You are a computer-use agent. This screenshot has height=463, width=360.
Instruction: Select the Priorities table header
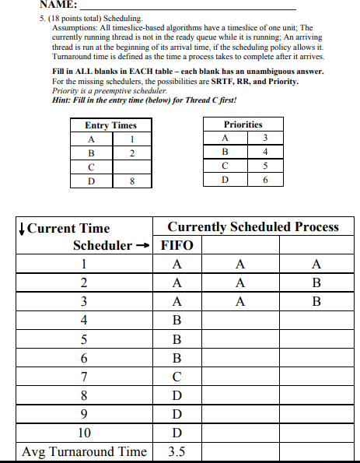tap(243, 125)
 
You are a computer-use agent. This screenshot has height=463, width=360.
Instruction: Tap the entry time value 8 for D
tap(131, 182)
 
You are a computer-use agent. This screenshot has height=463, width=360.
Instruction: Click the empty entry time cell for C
tap(131, 167)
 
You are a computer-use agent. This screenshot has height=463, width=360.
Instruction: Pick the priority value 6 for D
tap(265, 180)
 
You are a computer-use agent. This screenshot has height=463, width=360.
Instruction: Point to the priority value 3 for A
tap(265, 138)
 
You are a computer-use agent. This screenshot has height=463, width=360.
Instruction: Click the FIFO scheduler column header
tap(177, 245)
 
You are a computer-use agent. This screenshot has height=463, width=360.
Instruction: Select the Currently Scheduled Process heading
tap(253, 227)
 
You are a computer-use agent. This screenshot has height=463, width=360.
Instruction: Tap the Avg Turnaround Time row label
tap(84, 451)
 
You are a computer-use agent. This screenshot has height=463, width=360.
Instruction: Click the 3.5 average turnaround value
tap(177, 451)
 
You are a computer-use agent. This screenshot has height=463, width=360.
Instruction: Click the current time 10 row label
tap(84, 433)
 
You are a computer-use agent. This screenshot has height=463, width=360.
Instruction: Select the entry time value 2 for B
tap(131, 153)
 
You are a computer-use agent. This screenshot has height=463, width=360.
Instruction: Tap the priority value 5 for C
tap(265, 166)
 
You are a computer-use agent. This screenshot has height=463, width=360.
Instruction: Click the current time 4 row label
tap(84, 319)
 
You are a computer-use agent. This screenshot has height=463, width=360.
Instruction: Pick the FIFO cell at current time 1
tap(177, 264)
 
